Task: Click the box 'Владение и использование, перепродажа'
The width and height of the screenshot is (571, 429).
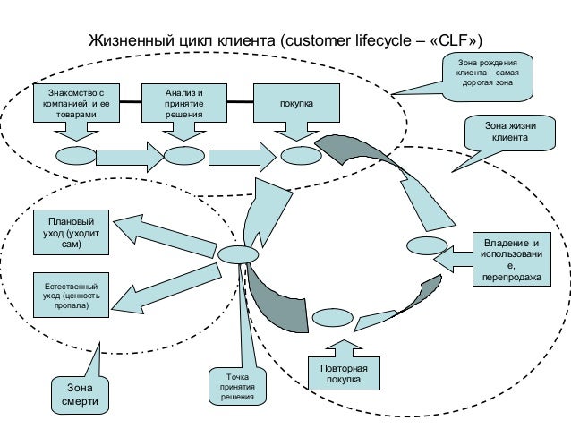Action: coord(511,261)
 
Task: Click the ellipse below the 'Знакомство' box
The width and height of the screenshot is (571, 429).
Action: coord(75,155)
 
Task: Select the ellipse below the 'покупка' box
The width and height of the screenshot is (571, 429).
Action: coord(295,155)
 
